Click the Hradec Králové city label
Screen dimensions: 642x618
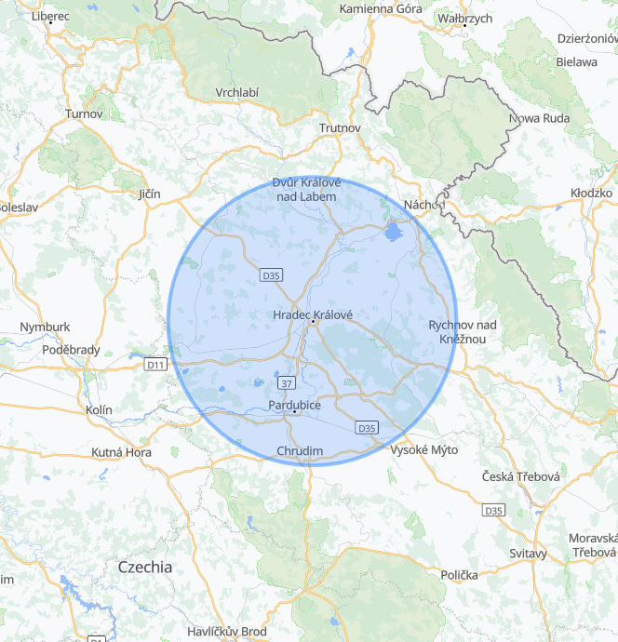tap(313, 315)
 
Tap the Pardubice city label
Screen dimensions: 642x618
tap(294, 405)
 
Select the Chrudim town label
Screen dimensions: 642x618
tap(300, 451)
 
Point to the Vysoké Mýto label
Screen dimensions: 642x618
tap(423, 449)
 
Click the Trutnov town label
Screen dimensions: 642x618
tap(339, 127)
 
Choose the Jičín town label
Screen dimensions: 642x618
tap(149, 194)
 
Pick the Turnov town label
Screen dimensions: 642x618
tap(83, 114)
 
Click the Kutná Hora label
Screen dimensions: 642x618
tap(121, 452)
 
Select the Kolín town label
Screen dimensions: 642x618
tap(98, 409)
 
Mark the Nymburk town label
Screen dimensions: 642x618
tap(45, 327)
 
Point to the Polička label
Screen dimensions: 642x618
tap(460, 575)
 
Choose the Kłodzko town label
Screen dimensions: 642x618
tap(591, 193)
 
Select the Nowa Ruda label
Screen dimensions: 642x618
tap(538, 118)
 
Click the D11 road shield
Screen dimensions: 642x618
tap(155, 365)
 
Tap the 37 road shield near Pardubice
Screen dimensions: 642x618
tap(286, 382)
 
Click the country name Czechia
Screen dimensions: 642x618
tap(145, 566)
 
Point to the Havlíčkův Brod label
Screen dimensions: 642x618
tap(226, 631)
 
